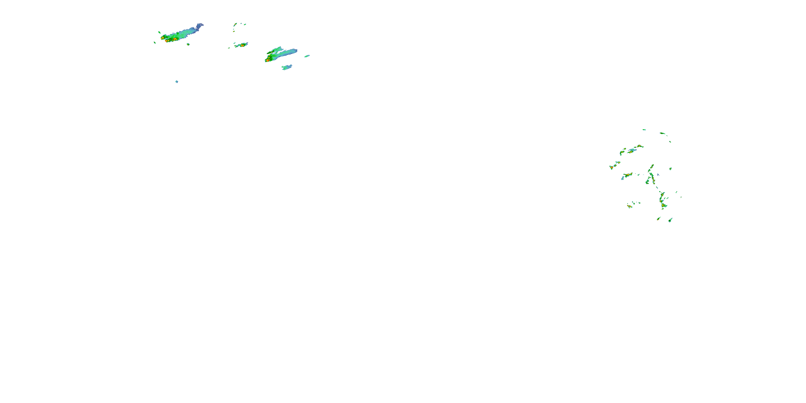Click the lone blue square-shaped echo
[x=177, y=82]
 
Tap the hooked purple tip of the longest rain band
[x=200, y=24]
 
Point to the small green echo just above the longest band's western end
[x=160, y=32]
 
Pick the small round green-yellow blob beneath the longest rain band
[x=188, y=44]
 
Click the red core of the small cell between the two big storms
[x=242, y=45]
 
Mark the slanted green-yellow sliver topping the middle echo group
[x=235, y=24]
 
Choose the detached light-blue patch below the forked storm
[x=287, y=67]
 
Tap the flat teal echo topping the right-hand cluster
[x=644, y=129]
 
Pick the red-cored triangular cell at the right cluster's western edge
[x=611, y=168]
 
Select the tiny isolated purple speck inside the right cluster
[x=658, y=175]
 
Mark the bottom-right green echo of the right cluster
[x=670, y=220]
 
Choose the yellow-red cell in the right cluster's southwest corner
[x=629, y=206]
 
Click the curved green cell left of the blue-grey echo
[x=622, y=153]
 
